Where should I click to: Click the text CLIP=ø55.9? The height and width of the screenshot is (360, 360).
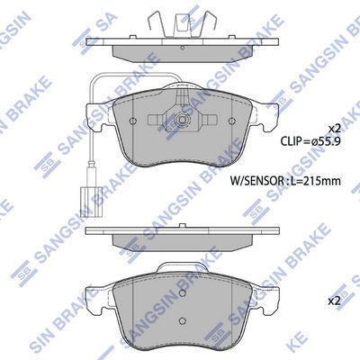click(x=310, y=141)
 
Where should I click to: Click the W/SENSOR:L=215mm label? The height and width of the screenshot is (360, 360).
click(x=285, y=181)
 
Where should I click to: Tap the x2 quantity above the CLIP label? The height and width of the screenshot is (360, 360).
click(x=335, y=129)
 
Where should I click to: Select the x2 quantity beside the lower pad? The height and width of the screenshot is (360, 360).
click(x=335, y=301)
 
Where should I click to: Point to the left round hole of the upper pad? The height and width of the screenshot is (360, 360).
click(x=132, y=121)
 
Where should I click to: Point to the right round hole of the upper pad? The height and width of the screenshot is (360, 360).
click(x=231, y=121)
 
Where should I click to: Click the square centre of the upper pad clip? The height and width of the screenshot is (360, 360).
click(x=182, y=120)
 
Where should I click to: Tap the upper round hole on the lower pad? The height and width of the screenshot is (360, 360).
click(x=182, y=293)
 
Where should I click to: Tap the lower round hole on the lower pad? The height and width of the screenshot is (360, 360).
click(x=182, y=321)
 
